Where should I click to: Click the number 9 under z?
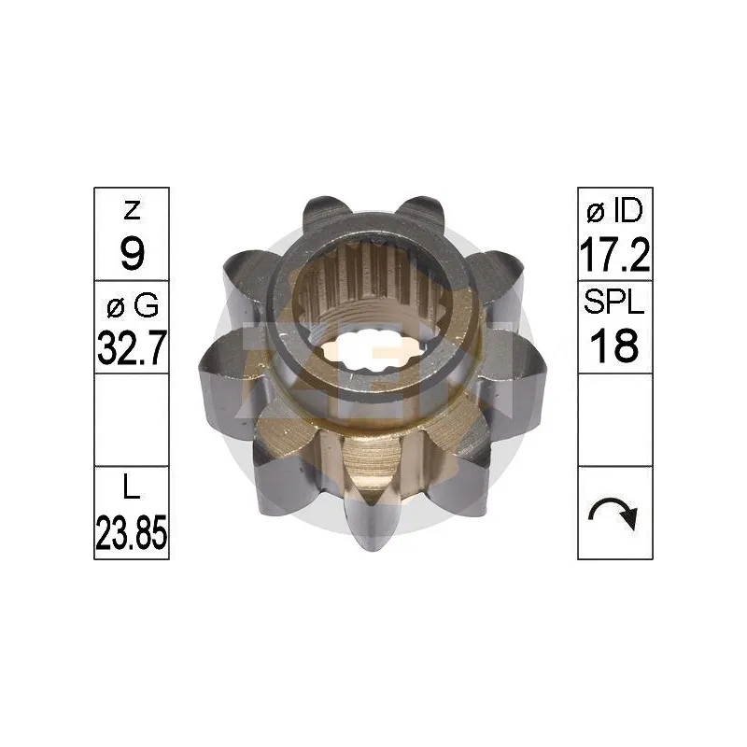point(132,253)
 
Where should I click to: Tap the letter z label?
point(132,211)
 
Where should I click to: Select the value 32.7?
point(132,347)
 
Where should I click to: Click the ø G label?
point(133,305)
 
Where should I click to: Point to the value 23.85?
point(132,532)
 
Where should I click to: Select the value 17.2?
point(614,255)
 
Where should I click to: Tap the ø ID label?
point(614,211)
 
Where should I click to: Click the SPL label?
point(614,302)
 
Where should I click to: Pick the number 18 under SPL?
point(614,345)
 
